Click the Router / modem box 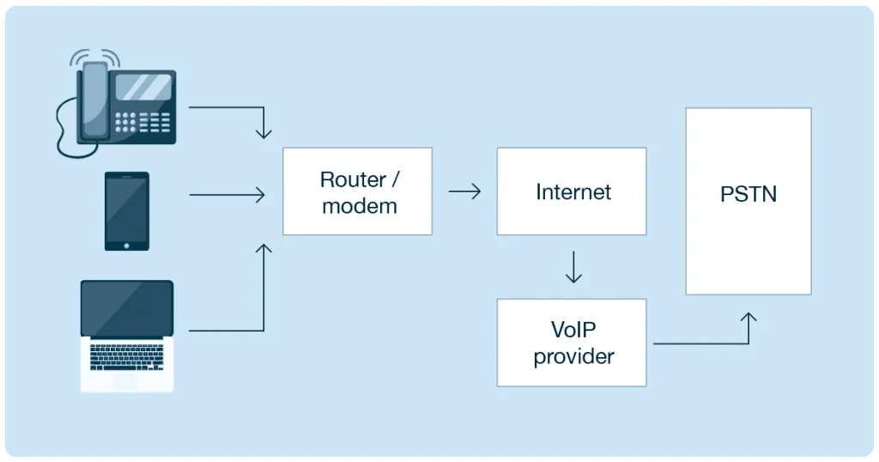point(357,191)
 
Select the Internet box point(571,191)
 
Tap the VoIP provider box point(571,342)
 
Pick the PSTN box point(748,201)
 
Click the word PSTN point(748,193)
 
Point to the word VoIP point(573,330)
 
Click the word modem point(360,206)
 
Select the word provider point(573,356)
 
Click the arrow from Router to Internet point(464,191)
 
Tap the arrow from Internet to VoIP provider point(573,267)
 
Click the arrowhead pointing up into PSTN point(749,319)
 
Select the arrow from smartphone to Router point(227,196)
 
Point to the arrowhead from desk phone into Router point(264,133)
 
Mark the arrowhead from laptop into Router point(264,250)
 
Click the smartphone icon point(127,211)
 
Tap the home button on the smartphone point(127,245)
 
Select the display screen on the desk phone point(142,87)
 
